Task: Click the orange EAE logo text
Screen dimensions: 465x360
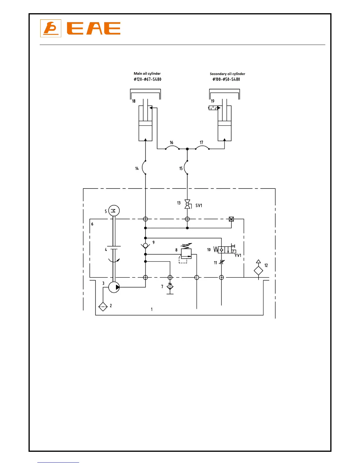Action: [94, 28]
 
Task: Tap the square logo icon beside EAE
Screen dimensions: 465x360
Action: [51, 28]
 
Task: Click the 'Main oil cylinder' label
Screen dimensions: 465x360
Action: [147, 73]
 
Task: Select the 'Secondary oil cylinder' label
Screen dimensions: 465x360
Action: [227, 74]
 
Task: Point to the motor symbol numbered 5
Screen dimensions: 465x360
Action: [114, 210]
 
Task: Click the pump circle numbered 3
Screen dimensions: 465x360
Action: [114, 287]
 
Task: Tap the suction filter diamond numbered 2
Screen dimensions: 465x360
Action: [103, 306]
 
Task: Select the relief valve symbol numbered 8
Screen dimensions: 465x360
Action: [186, 253]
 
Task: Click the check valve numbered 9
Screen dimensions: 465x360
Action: [145, 245]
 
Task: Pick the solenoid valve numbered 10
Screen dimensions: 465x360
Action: [225, 250]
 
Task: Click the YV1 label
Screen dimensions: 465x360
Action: [238, 255]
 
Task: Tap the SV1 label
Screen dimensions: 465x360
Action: [199, 205]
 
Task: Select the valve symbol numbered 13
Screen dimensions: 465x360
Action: [187, 204]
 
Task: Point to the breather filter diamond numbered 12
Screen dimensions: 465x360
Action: [258, 271]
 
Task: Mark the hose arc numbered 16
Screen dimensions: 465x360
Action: [172, 147]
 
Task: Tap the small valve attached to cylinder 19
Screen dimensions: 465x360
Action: [214, 108]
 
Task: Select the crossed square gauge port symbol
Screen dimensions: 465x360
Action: [231, 219]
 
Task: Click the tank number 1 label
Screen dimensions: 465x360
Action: [152, 309]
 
